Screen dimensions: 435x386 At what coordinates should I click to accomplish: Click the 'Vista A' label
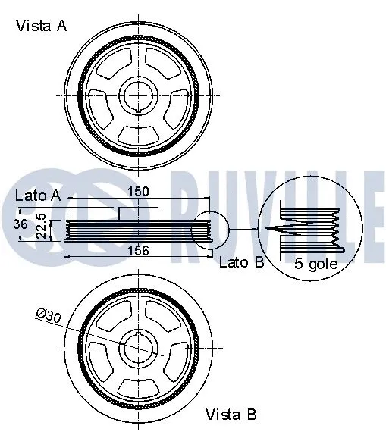pos(42,26)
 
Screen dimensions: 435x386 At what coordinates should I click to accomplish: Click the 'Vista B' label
pos(231,415)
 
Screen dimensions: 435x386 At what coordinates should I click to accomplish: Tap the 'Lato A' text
pos(37,196)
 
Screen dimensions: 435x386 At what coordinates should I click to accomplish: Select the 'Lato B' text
pos(240,263)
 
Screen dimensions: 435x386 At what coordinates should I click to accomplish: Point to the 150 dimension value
pos(138,192)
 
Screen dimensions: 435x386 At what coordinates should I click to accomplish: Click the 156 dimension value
pos(138,250)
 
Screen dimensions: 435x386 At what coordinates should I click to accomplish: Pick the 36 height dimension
pos(22,225)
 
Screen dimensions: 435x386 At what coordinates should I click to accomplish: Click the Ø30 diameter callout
pos(49,315)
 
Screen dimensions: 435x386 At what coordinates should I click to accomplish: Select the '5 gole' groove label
pos(316,264)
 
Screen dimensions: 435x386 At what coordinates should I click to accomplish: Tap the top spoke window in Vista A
pos(140,63)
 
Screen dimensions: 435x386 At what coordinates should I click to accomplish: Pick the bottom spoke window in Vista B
pos(140,383)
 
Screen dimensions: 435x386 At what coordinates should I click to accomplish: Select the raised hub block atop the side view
pos(137,212)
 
